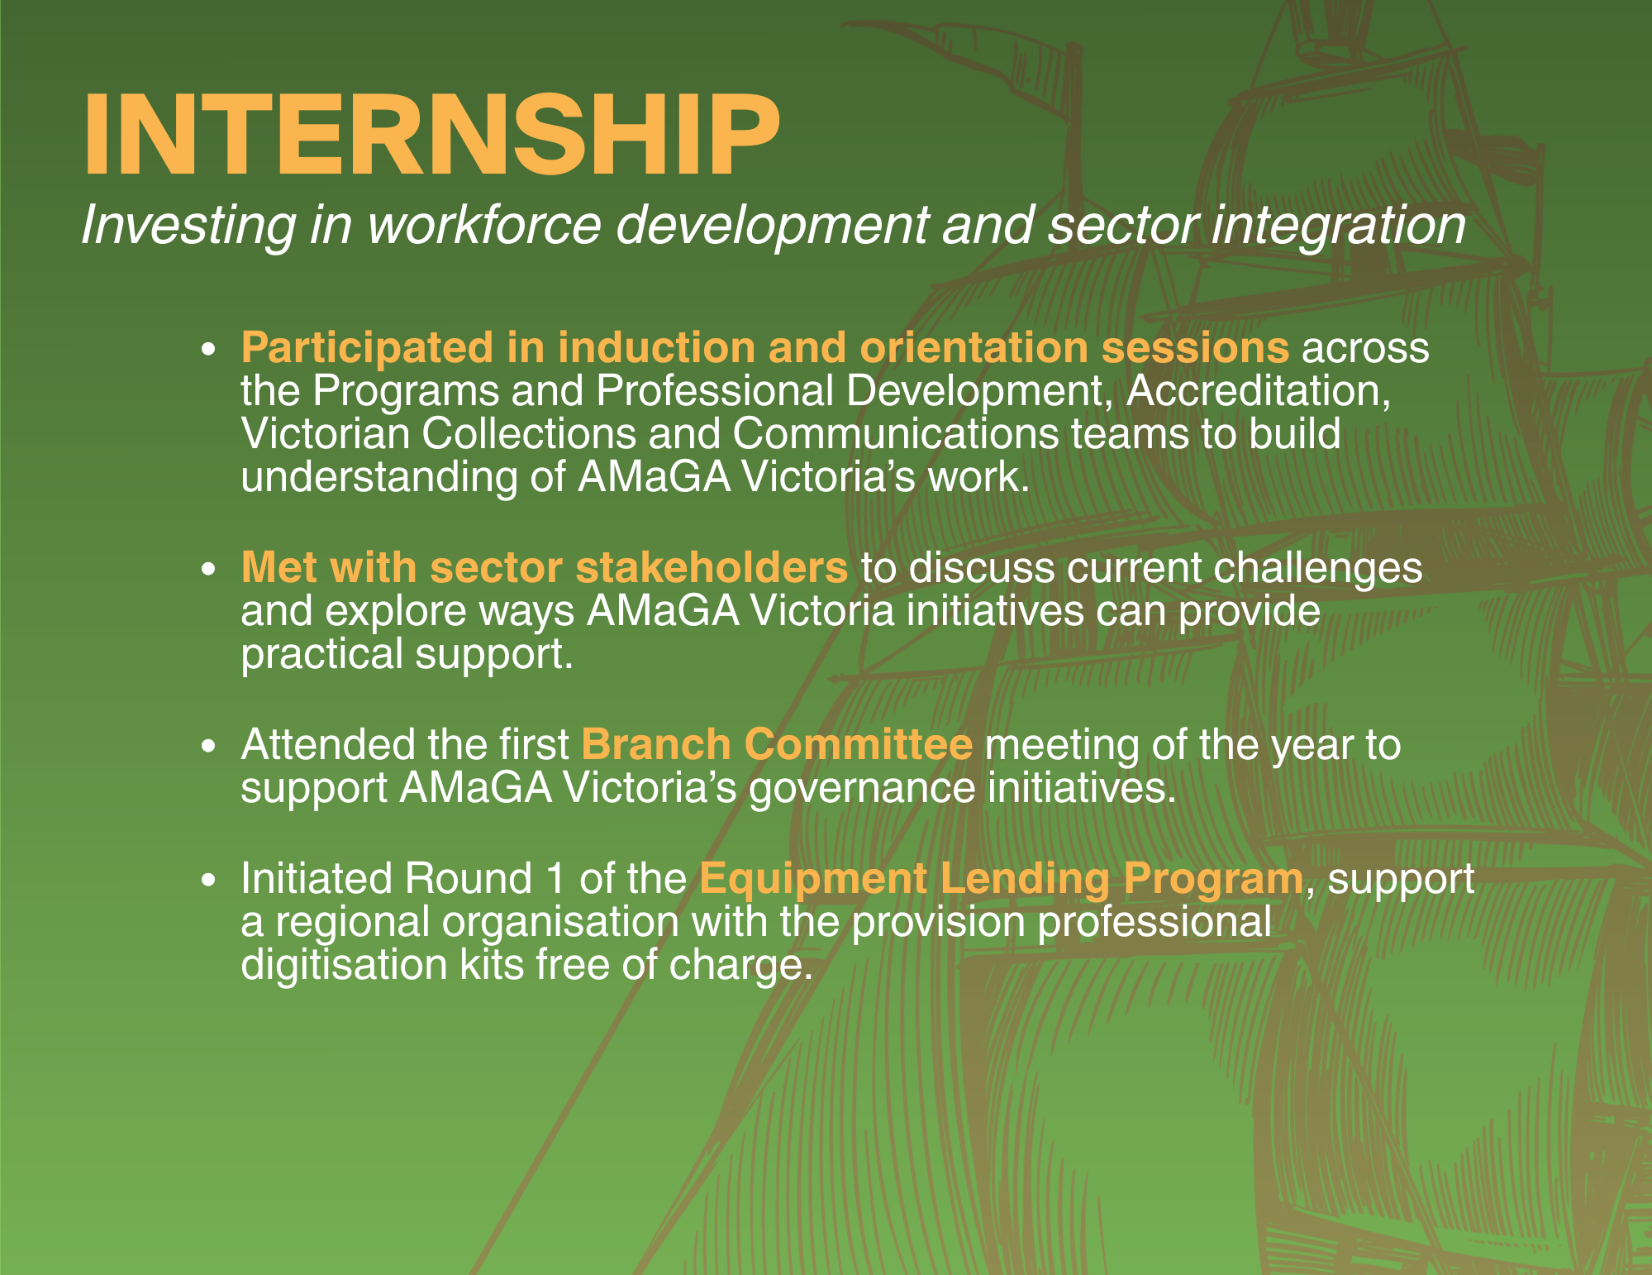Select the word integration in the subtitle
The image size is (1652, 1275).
coord(1338,225)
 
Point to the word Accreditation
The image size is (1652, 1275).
coord(1259,390)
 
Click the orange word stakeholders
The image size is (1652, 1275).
coord(712,567)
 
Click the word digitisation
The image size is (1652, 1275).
coord(344,964)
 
